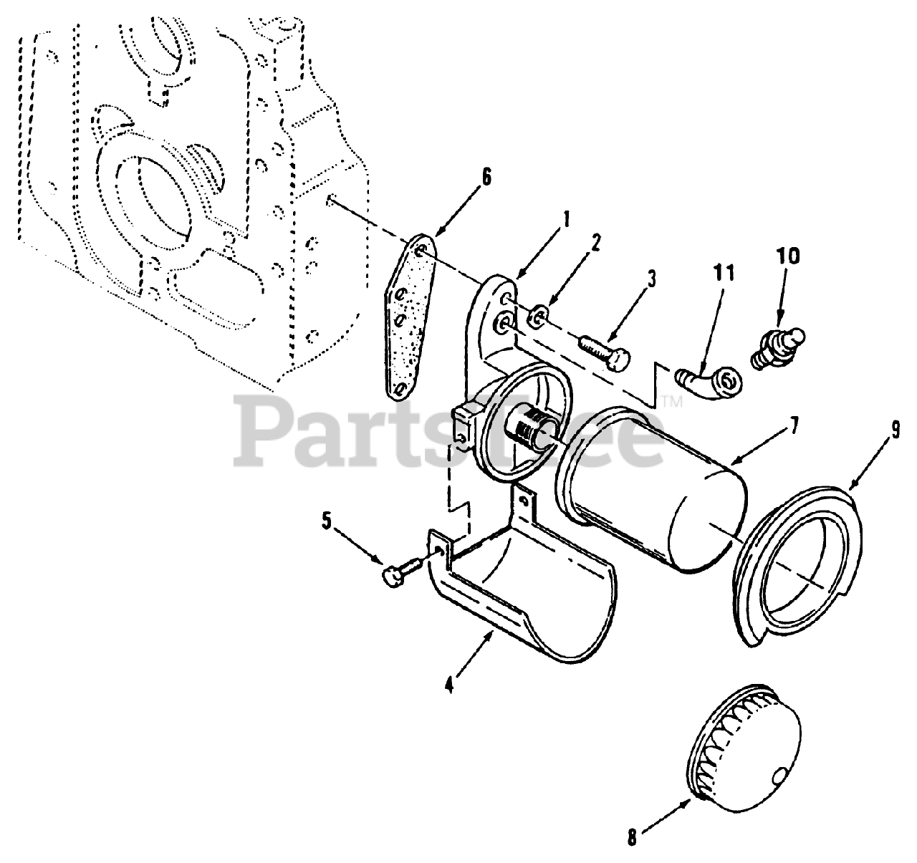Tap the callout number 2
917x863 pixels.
(x=595, y=243)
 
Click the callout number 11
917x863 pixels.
(x=724, y=274)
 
